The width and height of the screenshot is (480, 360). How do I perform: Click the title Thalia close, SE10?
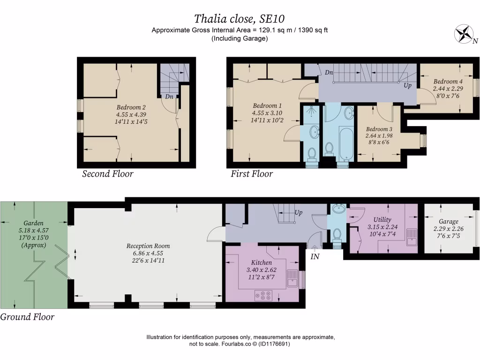pyautogui.click(x=240, y=19)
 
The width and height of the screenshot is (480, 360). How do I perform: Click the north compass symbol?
pyautogui.click(x=465, y=34)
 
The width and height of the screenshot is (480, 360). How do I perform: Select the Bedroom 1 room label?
pyautogui.click(x=267, y=105)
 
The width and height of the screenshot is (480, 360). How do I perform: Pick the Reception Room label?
pyautogui.click(x=148, y=246)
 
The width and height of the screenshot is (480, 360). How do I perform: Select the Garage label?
pyautogui.click(x=449, y=222)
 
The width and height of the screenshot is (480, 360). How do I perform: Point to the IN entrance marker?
pyautogui.click(x=315, y=257)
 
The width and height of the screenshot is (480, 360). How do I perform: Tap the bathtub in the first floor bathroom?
pyautogui.click(x=346, y=140)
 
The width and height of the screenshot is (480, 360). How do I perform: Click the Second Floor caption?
pyautogui.click(x=108, y=174)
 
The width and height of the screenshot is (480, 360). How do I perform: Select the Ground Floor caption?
pyautogui.click(x=27, y=317)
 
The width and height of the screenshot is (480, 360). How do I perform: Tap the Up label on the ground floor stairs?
pyautogui.click(x=298, y=212)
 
